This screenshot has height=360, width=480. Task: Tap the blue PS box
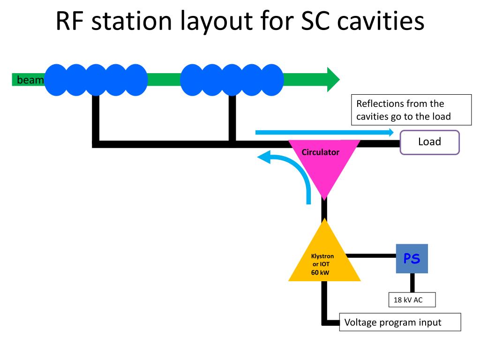412,258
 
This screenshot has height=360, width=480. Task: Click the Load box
429,142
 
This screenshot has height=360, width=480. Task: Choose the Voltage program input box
400,322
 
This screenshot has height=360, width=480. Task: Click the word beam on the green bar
30,80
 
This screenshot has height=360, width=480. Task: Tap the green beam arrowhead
333,79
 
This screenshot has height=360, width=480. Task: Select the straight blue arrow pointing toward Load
324,132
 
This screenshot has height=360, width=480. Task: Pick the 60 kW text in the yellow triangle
320,272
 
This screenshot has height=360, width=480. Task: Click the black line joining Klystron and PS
371,255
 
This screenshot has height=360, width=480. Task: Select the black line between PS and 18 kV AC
412,283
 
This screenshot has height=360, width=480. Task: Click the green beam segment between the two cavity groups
164,80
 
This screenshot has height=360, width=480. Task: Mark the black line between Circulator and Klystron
324,209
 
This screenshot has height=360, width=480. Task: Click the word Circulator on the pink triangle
321,152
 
